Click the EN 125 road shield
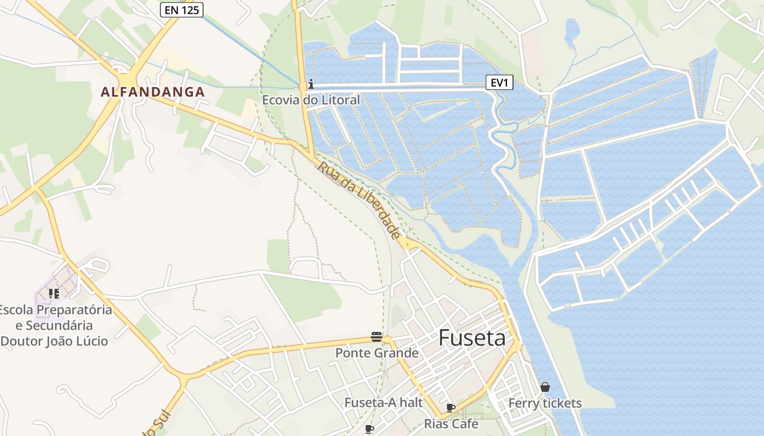tap(182, 10)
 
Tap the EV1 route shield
tap(500, 83)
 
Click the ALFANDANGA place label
tap(153, 92)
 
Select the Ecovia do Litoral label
tap(311, 100)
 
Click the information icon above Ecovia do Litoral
tap(311, 84)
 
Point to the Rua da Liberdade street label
tap(359, 200)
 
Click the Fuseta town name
tap(472, 338)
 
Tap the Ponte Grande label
tap(377, 353)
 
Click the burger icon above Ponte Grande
tap(376, 337)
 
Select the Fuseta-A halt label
tap(384, 403)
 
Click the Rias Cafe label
tap(451, 423)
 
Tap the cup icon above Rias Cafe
tap(451, 408)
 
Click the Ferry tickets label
tap(545, 403)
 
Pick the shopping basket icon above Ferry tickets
tap(545, 387)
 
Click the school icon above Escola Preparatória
tap(54, 294)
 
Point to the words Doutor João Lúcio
tap(54, 341)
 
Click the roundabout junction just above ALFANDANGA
tap(121, 71)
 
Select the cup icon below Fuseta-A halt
tap(369, 429)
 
